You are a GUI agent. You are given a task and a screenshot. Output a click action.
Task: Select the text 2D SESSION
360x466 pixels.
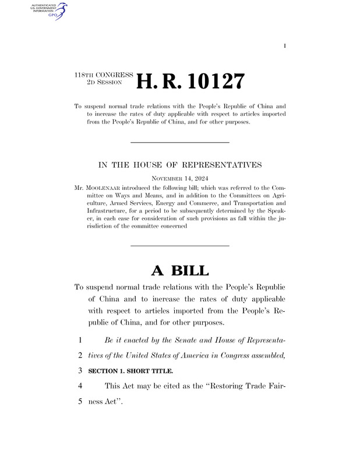click(103, 83)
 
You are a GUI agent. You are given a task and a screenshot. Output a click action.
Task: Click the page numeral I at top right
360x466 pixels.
click(284, 45)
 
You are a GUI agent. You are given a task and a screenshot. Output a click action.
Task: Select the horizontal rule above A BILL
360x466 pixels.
click(179, 246)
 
